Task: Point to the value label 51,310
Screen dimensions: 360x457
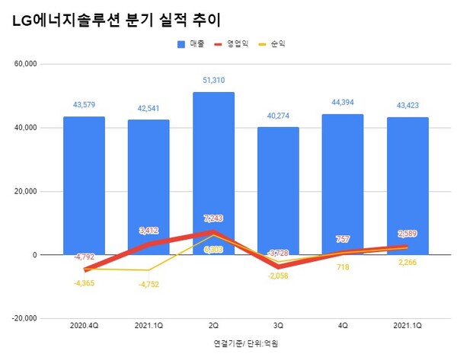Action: (213, 80)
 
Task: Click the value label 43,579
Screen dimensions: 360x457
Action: (84, 104)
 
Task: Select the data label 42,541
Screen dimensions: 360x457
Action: (149, 107)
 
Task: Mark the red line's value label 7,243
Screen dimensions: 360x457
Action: (213, 218)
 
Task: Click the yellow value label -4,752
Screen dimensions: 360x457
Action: (149, 285)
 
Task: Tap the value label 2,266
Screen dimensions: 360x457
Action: (407, 264)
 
